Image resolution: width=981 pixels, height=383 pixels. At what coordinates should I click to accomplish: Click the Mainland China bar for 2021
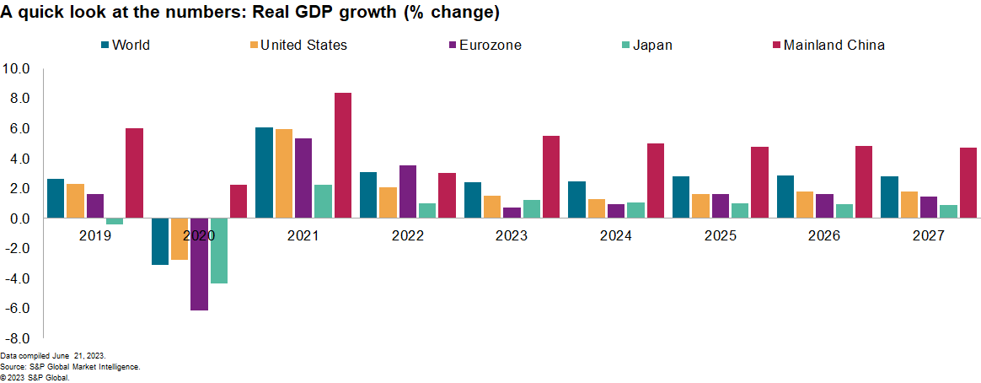pyautogui.click(x=343, y=155)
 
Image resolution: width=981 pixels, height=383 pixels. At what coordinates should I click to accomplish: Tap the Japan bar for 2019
pyautogui.click(x=115, y=221)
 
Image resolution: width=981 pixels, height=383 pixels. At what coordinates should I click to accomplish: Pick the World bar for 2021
pyautogui.click(x=264, y=173)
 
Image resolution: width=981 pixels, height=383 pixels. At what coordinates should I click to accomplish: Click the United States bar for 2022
pyautogui.click(x=388, y=202)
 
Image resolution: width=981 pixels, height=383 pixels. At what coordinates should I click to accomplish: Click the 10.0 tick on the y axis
pyautogui.click(x=17, y=68)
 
